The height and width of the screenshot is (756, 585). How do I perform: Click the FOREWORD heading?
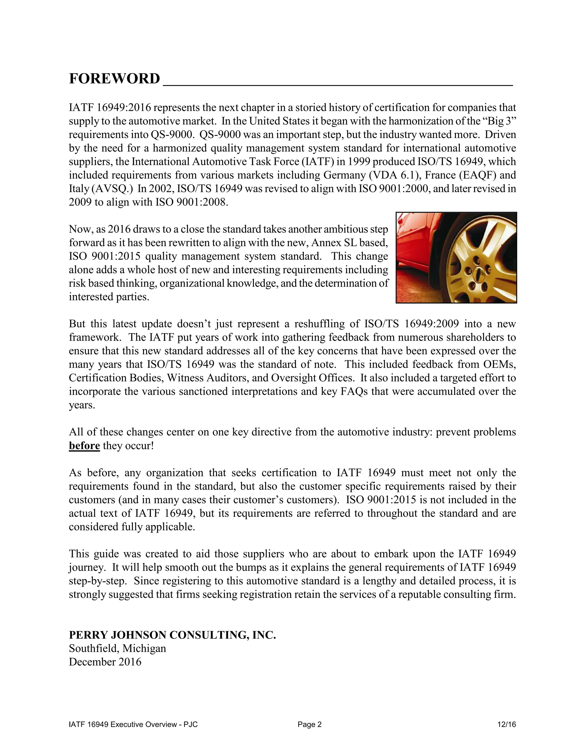[x=114, y=79]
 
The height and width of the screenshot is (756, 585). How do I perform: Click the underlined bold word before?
[x=84, y=446]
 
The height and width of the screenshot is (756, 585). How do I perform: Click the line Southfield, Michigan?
[x=117, y=648]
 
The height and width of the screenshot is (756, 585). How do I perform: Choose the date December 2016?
[x=105, y=662]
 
